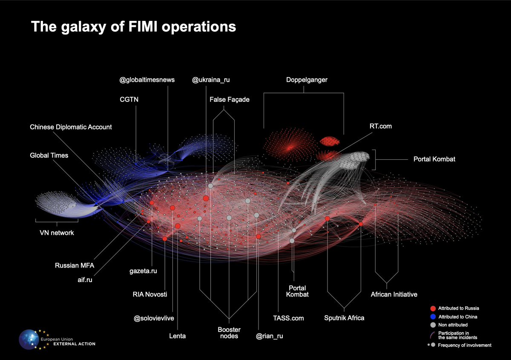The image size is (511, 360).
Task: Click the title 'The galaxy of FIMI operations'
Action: (x=133, y=27)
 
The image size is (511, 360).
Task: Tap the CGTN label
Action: (x=129, y=100)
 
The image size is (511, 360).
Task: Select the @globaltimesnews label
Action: (x=147, y=80)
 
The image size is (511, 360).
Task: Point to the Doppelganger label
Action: (x=303, y=80)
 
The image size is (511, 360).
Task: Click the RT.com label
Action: (x=380, y=126)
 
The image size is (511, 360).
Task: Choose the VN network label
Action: (x=57, y=233)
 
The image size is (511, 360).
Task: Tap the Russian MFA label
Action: (x=74, y=265)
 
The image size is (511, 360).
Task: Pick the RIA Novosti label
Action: (x=149, y=294)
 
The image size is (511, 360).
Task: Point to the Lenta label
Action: (x=177, y=336)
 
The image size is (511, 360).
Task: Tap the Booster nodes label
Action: (x=229, y=333)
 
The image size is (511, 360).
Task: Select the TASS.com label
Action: (x=288, y=318)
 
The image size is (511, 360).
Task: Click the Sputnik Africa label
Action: (x=344, y=318)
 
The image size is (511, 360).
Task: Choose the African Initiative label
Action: (x=394, y=294)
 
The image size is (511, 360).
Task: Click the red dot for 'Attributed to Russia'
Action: (x=433, y=308)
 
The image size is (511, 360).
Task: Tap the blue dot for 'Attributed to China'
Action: (x=433, y=317)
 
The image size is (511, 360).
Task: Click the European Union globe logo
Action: (x=31, y=340)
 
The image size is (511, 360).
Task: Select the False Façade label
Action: (x=230, y=100)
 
